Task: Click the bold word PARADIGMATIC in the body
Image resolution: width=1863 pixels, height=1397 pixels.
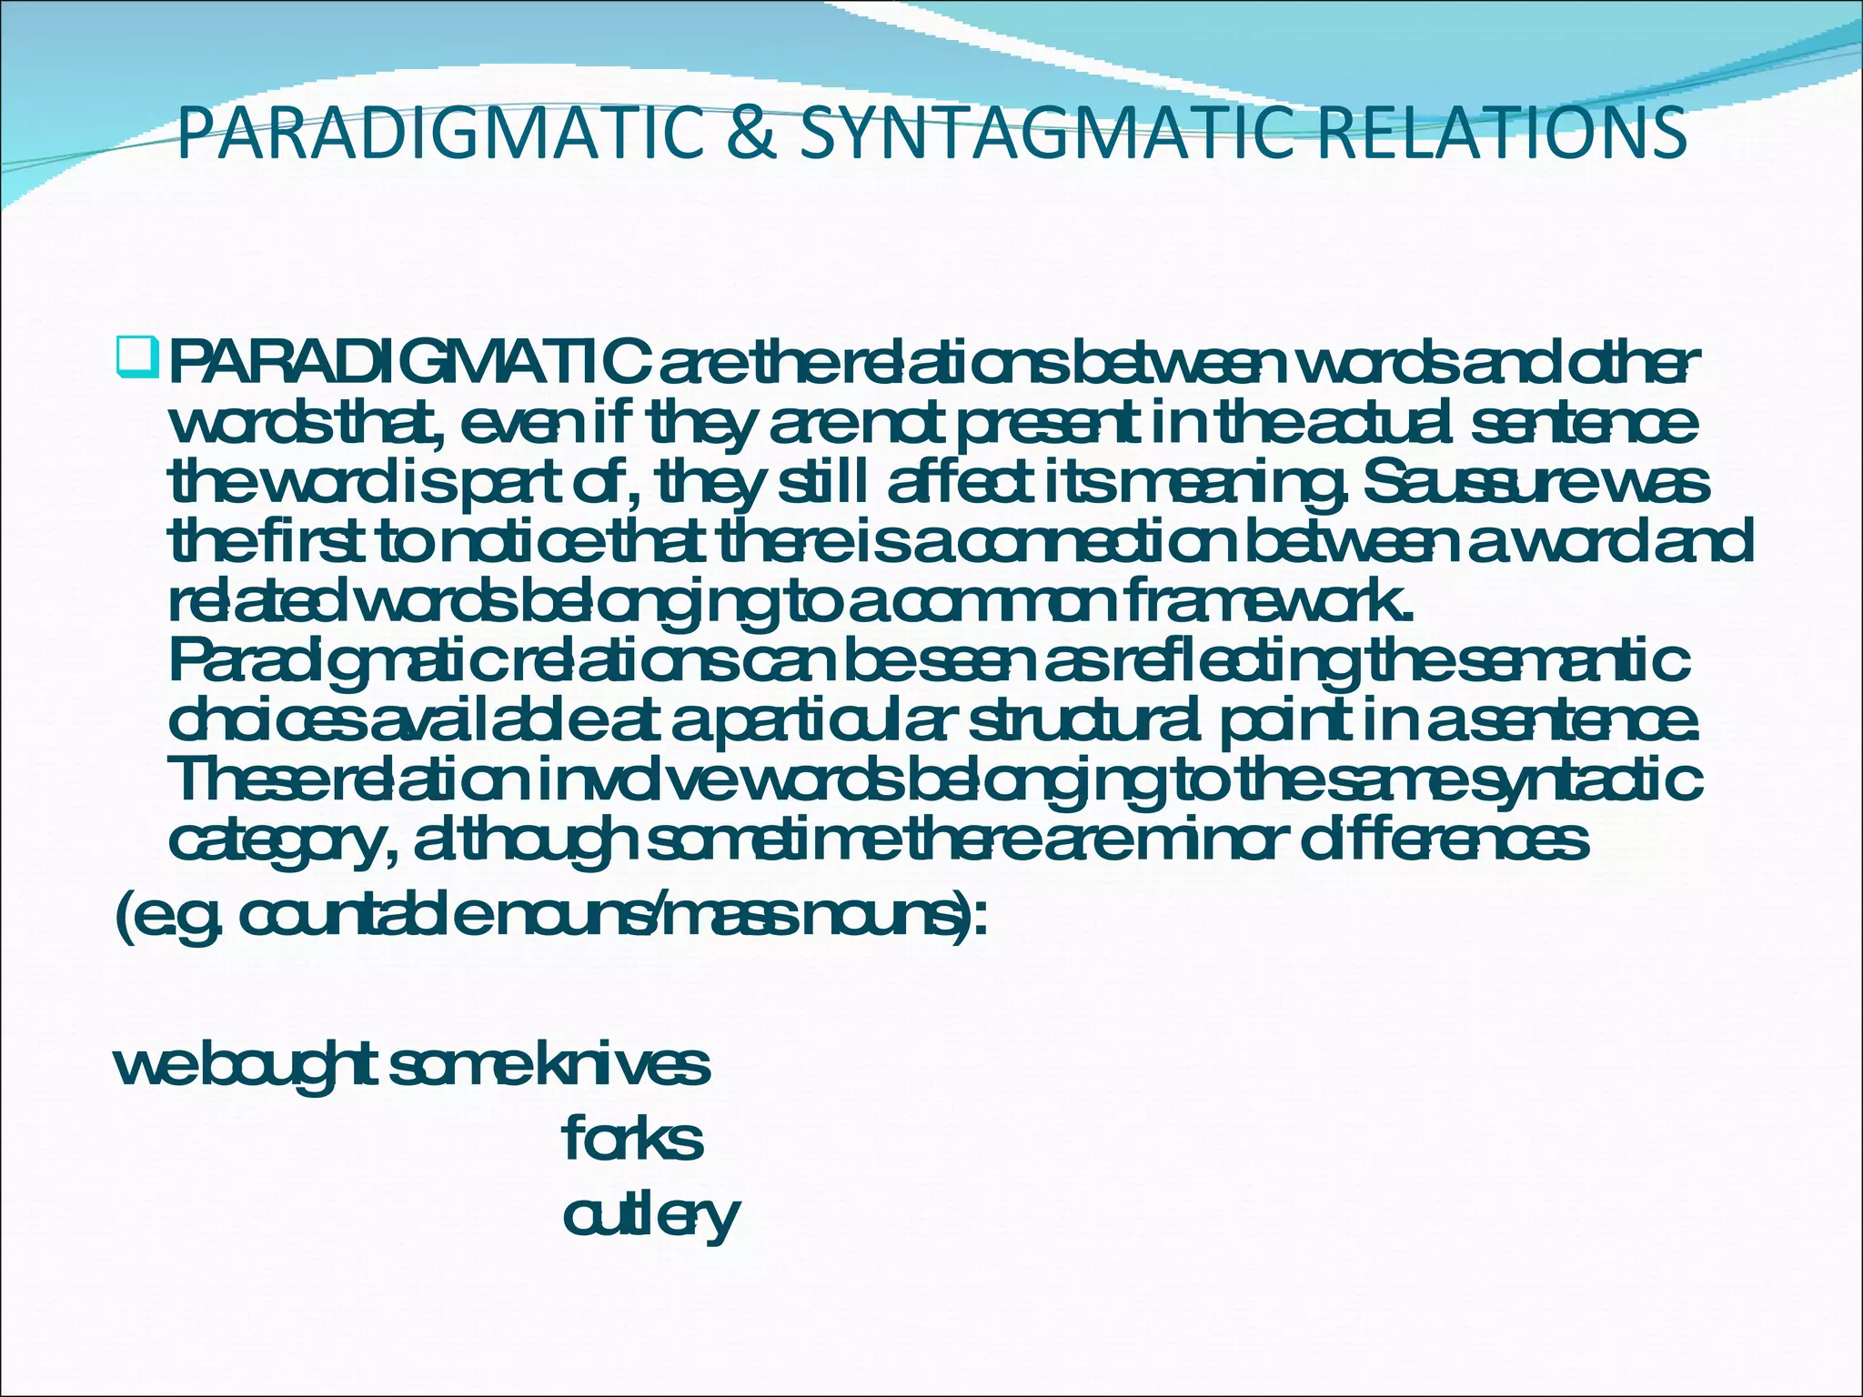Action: tap(409, 367)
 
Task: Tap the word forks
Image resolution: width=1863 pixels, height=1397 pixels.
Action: tap(633, 1139)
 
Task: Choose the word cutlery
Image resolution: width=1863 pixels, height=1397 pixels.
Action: tap(650, 1216)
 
